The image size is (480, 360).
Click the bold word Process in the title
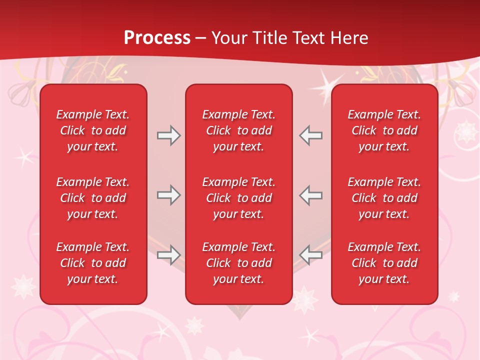(x=157, y=38)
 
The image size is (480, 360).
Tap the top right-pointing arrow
(x=168, y=135)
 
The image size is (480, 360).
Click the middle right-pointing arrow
(x=168, y=195)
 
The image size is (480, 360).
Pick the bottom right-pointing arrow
(x=168, y=255)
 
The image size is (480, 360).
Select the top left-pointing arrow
(x=311, y=135)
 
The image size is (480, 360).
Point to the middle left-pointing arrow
(x=311, y=195)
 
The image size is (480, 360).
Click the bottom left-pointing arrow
(x=311, y=255)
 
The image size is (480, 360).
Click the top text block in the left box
(x=93, y=130)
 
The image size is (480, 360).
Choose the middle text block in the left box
(x=93, y=198)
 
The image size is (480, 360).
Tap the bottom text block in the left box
(x=93, y=263)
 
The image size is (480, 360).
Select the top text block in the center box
(x=238, y=130)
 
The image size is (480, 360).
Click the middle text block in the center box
(x=238, y=198)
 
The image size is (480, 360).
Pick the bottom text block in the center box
(x=238, y=263)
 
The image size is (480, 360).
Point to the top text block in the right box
(x=384, y=130)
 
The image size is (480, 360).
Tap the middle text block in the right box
(x=384, y=198)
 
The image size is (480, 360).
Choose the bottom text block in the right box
(x=384, y=263)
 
